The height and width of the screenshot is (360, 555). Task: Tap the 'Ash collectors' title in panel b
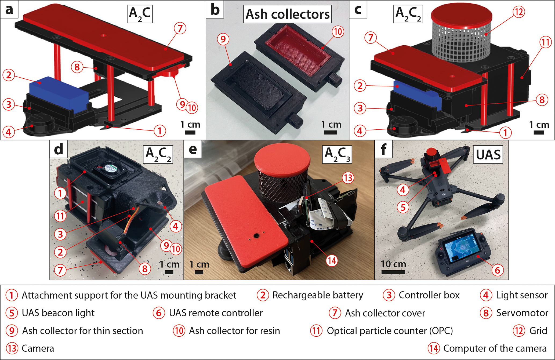pyautogui.click(x=287, y=14)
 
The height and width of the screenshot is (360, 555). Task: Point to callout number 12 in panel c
pyautogui.click(x=519, y=12)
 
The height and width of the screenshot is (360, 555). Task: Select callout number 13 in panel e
pyautogui.click(x=348, y=178)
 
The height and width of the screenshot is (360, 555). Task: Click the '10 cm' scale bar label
pyautogui.click(x=393, y=264)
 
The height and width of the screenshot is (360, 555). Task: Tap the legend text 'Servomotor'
pyautogui.click(x=522, y=313)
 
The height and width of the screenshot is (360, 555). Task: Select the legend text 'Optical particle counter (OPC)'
pyautogui.click(x=390, y=331)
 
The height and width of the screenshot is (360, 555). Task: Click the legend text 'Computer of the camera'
pyautogui.click(x=495, y=348)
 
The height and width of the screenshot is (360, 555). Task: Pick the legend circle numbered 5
pyautogui.click(x=12, y=313)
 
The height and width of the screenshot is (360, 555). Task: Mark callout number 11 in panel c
pyautogui.click(x=545, y=42)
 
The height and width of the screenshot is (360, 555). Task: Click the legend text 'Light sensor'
pyautogui.click(x=521, y=295)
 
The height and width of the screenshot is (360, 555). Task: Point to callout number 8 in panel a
pyautogui.click(x=77, y=67)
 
